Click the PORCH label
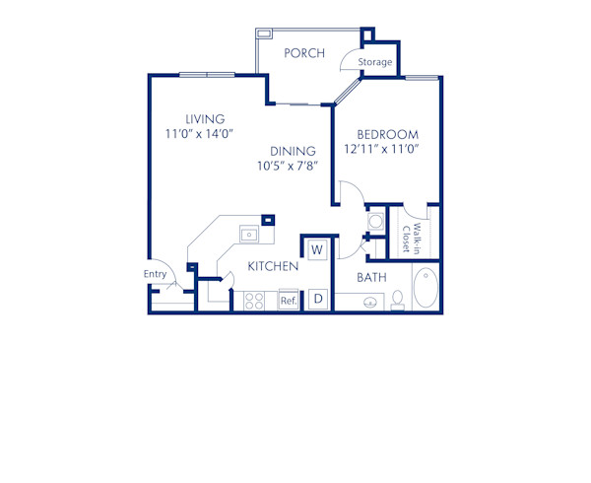coord(304,53)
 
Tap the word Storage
coord(374,63)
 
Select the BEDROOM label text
coord(388,135)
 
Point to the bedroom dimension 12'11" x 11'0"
coord(383,149)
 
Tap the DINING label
coord(294,151)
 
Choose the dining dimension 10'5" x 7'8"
coord(295,166)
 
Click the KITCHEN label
coord(273,266)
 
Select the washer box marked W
coord(317,250)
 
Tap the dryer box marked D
coord(318,298)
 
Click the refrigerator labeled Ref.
coord(289,300)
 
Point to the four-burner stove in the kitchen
coord(254,300)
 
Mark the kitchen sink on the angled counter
coord(249,235)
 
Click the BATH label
coord(371,278)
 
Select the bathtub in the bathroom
coord(427,288)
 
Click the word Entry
coord(155,274)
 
